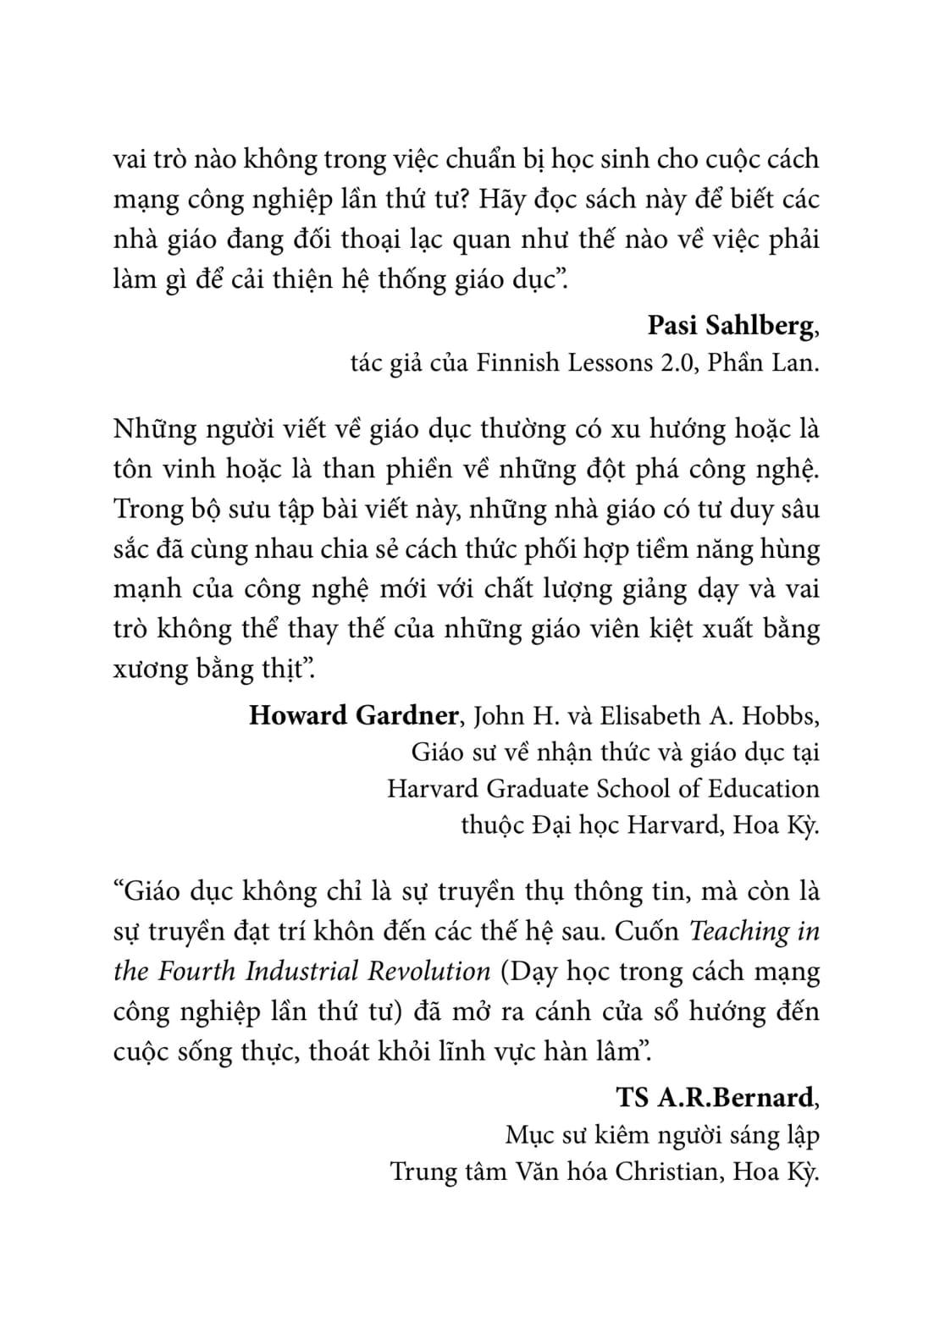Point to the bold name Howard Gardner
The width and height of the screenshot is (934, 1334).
point(354,715)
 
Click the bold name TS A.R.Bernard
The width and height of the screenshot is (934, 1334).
point(715,1097)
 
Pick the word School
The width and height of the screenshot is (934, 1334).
point(634,788)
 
